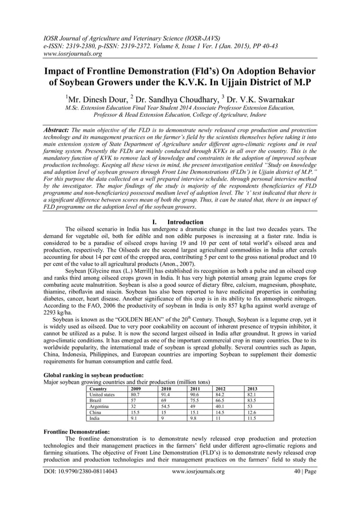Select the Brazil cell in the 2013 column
click(252, 400)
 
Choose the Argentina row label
click(100, 406)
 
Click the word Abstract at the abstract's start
click(56, 130)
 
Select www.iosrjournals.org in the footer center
click(197, 471)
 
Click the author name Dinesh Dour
click(102, 96)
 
